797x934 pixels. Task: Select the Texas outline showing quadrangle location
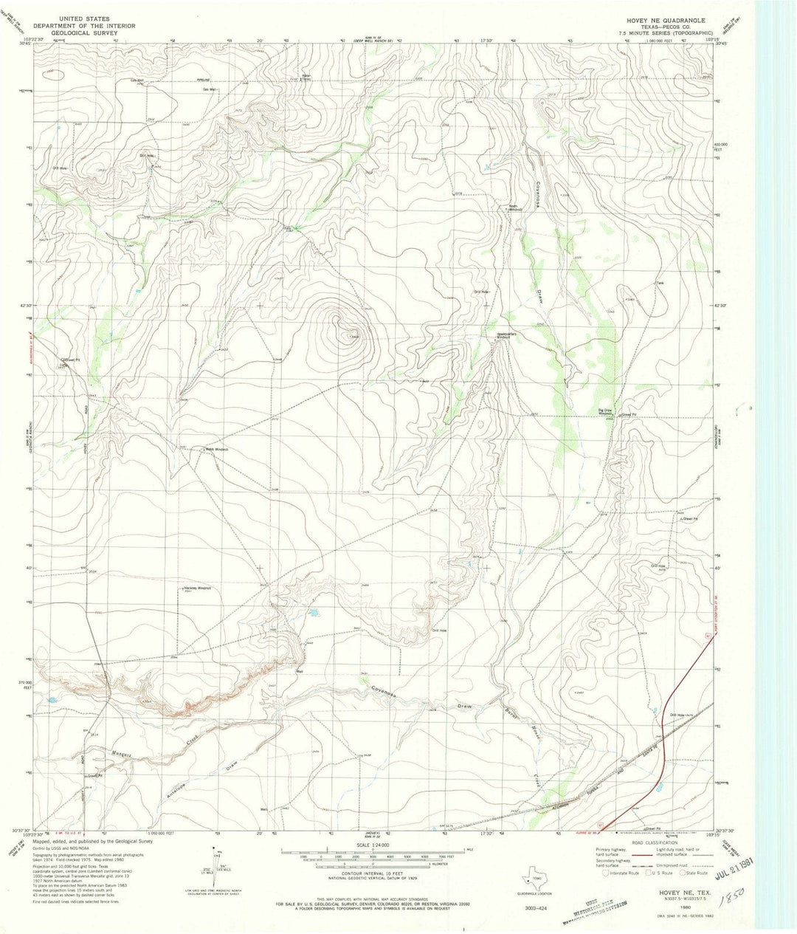pyautogui.click(x=534, y=879)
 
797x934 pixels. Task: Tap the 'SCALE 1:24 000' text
pyautogui.click(x=373, y=845)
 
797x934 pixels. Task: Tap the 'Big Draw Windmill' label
pyautogui.click(x=605, y=413)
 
